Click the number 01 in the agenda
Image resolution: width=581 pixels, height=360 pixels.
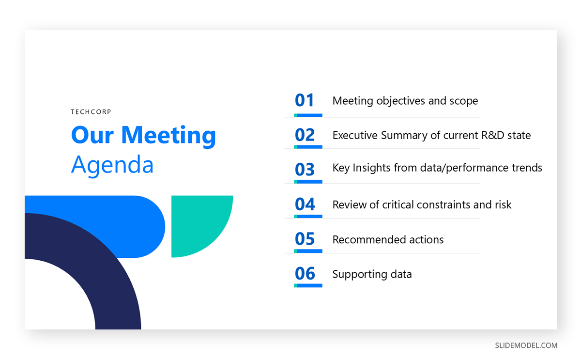305,100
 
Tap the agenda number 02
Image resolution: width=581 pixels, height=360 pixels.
305,135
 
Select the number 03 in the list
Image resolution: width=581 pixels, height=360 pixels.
305,170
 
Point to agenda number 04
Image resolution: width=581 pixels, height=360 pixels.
305,204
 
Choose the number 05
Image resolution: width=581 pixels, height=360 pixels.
305,239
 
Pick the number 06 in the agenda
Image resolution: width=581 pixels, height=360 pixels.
305,274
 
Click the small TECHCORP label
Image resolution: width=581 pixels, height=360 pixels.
91,112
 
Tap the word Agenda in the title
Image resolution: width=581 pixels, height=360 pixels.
112,165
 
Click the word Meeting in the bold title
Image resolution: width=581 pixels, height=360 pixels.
168,135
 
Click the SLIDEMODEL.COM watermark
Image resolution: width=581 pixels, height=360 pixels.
526,345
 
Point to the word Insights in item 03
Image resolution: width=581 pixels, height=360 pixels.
372,168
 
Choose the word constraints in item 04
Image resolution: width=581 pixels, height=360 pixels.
439,205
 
